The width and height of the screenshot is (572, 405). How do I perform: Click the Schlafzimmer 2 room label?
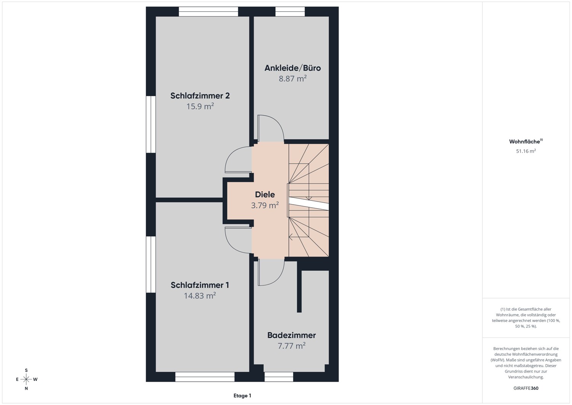click(200, 96)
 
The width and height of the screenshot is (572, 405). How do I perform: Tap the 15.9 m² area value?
click(200, 106)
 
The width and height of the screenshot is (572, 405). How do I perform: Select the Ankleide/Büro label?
click(292, 68)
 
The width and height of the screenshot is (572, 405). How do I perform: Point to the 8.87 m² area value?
click(292, 79)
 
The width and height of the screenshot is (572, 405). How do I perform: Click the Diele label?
click(265, 195)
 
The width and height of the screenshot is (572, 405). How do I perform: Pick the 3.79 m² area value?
click(265, 205)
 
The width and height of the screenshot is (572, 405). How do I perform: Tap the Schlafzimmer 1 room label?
click(200, 285)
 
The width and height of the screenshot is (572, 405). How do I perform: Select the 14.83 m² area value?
click(200, 295)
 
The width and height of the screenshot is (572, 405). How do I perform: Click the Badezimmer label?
click(292, 335)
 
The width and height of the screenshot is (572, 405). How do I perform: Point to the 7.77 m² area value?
click(292, 346)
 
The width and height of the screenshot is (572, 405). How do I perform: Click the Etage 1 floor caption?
click(242, 395)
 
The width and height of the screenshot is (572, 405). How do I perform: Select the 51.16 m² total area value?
click(526, 151)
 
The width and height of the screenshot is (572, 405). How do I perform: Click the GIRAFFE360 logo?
click(526, 388)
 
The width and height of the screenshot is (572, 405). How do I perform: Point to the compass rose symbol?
click(26, 379)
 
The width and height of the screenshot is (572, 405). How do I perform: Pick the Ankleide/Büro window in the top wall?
click(290, 12)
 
